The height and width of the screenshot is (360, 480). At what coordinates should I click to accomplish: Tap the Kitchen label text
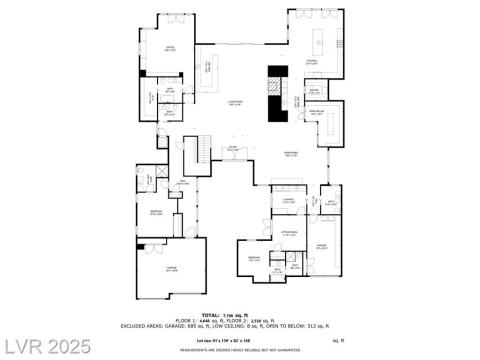(311, 61)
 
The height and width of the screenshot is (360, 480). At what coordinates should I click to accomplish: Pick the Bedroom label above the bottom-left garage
(156, 213)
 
